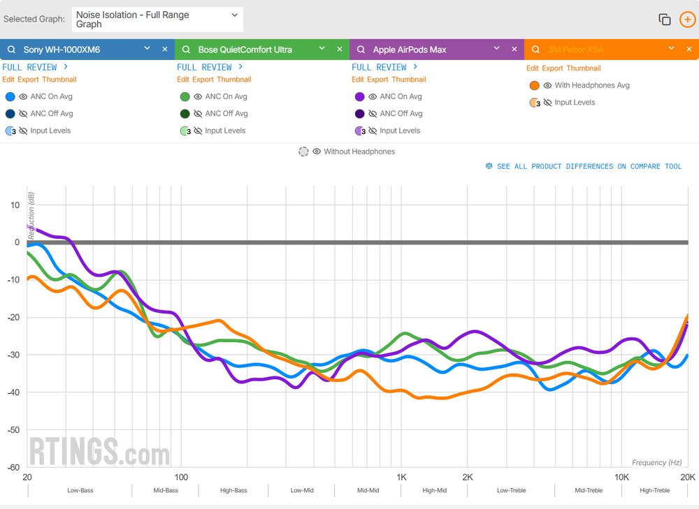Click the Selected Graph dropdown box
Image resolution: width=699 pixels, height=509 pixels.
(157, 20)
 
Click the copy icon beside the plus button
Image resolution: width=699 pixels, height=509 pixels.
(665, 20)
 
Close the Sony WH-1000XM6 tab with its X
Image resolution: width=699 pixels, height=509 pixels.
(165, 50)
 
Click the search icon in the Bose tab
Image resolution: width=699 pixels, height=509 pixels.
(186, 50)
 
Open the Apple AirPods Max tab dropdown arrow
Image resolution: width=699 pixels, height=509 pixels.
(496, 49)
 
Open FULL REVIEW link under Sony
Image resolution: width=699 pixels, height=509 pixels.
(35, 67)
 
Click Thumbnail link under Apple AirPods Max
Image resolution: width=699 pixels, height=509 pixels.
(408, 80)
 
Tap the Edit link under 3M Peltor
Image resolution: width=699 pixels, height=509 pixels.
(532, 68)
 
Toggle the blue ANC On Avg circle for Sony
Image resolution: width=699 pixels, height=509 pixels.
(10, 97)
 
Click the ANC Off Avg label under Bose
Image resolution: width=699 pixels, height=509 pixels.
(226, 114)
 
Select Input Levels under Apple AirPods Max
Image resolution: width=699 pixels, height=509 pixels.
(399, 131)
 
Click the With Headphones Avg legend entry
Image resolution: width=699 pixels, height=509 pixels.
(591, 85)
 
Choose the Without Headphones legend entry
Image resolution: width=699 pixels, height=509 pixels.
(359, 152)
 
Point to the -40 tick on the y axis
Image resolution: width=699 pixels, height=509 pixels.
(13, 392)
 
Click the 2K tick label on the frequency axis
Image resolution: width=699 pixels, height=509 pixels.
(468, 478)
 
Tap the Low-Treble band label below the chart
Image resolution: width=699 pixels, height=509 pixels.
(512, 491)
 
